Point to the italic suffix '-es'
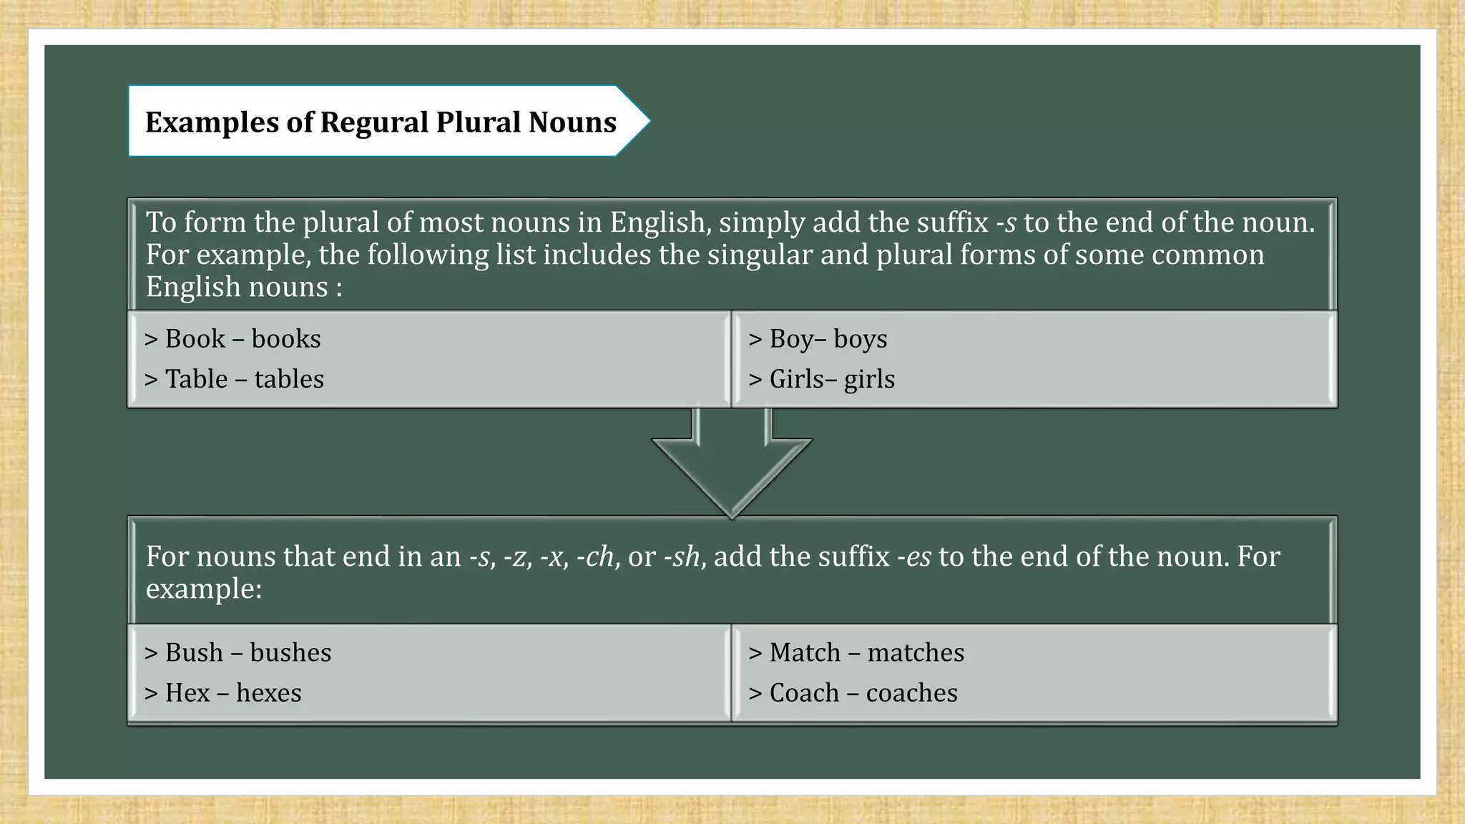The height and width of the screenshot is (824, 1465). click(913, 557)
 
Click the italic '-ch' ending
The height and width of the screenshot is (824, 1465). click(595, 557)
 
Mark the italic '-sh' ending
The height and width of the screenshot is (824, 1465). click(682, 557)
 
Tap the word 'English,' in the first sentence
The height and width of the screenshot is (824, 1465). click(660, 223)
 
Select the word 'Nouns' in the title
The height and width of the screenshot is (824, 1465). click(572, 123)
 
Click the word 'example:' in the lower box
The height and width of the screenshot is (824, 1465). click(204, 589)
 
